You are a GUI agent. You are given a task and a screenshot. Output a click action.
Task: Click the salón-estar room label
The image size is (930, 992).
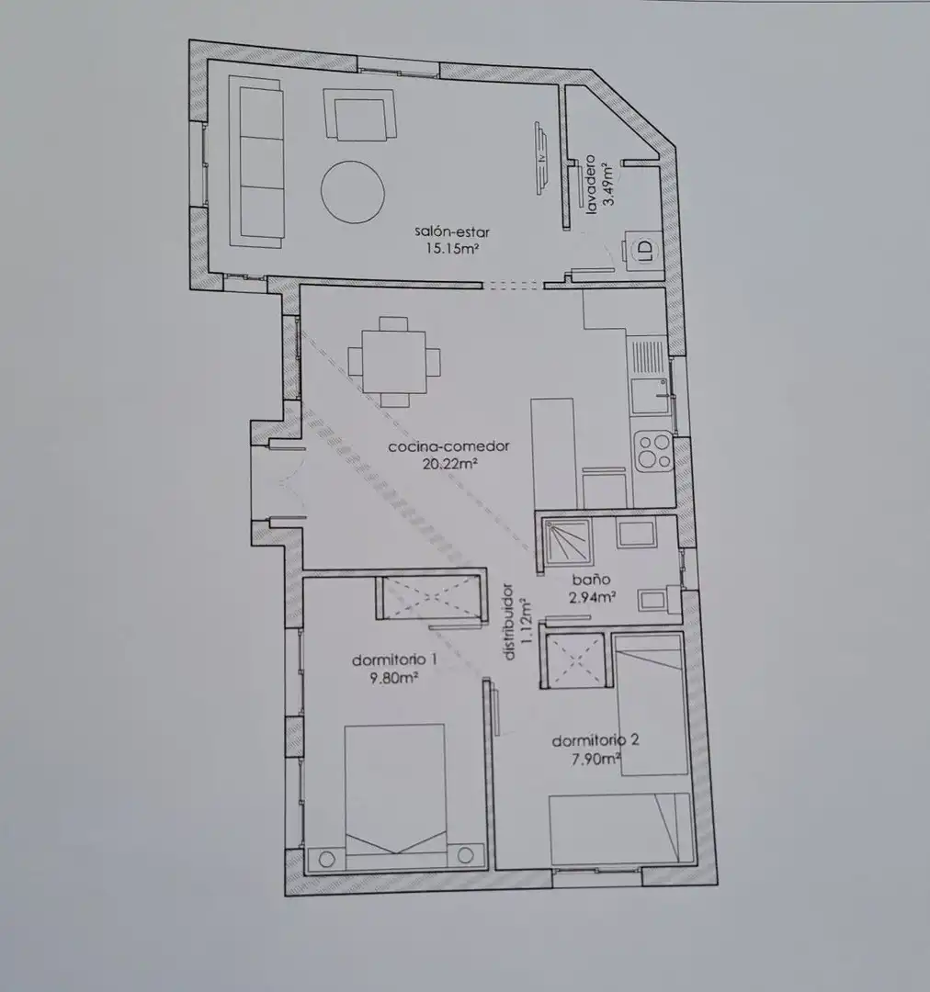[x=452, y=232]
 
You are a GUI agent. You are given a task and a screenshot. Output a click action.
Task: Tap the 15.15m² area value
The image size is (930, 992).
[x=451, y=248]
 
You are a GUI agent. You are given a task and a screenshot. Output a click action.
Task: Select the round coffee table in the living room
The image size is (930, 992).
[x=353, y=191]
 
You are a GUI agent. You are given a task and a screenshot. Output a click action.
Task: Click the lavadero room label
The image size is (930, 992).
[x=591, y=184]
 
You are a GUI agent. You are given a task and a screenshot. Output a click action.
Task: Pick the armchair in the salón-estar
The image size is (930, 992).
[x=359, y=115]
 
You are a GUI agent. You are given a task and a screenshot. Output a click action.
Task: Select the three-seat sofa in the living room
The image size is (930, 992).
[x=256, y=162]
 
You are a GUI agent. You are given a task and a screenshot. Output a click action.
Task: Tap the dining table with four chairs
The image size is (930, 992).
[x=393, y=361]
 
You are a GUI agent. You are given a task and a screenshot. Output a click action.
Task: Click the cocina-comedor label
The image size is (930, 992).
[x=448, y=446]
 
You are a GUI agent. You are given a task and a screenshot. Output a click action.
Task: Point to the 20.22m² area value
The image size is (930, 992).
[x=449, y=464]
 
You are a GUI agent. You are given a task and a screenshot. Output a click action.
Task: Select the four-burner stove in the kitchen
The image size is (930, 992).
[x=653, y=450]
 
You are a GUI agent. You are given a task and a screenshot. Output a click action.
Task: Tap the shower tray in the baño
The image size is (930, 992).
[x=569, y=541]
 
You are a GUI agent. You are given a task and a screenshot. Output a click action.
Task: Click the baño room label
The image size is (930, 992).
[x=591, y=580]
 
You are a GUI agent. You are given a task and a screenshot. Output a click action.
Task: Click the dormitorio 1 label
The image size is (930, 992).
[x=394, y=659]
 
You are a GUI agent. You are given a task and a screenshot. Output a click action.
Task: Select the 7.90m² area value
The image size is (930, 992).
[x=595, y=759]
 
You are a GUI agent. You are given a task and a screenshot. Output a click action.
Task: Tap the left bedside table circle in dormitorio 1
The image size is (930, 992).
[x=326, y=859]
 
